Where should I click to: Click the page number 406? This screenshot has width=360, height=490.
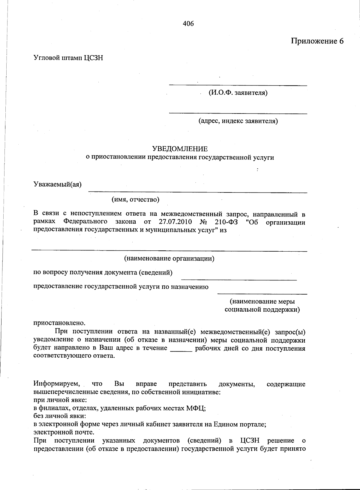click(x=188, y=24)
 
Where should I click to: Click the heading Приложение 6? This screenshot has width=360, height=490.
click(x=317, y=41)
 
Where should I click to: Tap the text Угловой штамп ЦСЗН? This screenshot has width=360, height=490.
click(x=68, y=58)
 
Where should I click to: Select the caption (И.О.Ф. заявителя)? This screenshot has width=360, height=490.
click(x=238, y=92)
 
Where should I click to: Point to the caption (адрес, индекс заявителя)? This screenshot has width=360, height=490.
click(x=238, y=121)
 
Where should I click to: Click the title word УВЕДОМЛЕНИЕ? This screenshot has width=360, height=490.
click(x=180, y=149)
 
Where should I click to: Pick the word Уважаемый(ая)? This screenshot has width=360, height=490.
click(x=57, y=184)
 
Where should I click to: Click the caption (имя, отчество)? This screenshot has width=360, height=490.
click(x=135, y=199)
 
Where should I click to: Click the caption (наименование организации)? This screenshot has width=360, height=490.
click(x=169, y=258)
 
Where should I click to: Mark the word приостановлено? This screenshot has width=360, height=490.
click(x=59, y=323)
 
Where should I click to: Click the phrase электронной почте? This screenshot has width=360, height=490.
click(x=64, y=432)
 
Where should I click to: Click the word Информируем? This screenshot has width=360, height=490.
click(x=57, y=384)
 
